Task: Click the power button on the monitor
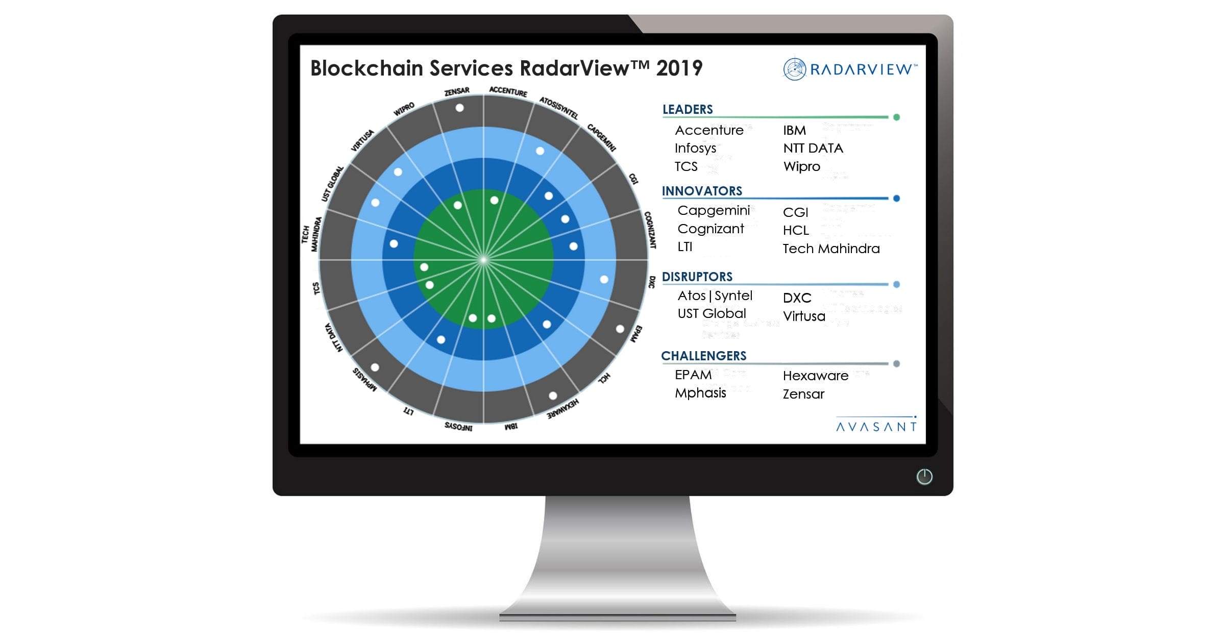[924, 477]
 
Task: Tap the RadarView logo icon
[794, 69]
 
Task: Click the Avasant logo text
[876, 426]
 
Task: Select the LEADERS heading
[688, 109]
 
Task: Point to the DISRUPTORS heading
[697, 277]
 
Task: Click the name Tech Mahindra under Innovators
[831, 249]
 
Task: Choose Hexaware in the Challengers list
[815, 376]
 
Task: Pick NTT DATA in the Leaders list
[813, 148]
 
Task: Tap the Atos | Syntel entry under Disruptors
[715, 295]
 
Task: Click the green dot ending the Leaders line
[896, 117]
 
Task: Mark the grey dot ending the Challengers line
[896, 364]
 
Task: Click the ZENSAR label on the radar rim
[457, 91]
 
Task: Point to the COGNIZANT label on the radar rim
[650, 230]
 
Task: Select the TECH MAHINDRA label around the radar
[311, 234]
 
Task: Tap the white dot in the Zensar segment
[459, 108]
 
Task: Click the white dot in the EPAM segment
[620, 329]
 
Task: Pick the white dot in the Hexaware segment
[553, 396]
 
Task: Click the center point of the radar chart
[483, 260]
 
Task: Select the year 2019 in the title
[679, 68]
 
